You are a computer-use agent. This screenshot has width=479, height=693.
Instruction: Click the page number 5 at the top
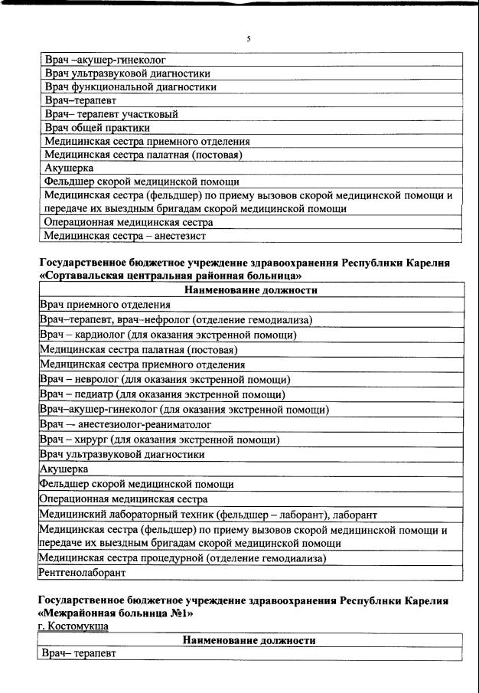point(249,38)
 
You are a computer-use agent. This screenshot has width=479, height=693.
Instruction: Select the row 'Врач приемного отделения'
point(105,304)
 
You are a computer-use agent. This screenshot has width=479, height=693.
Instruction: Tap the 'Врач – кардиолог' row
point(168,335)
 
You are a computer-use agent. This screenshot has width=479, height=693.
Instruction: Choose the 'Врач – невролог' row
point(165,379)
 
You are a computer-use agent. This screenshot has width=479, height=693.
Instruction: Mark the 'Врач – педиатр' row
point(162,394)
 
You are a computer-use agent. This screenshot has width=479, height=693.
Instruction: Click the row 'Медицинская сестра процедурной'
point(183,558)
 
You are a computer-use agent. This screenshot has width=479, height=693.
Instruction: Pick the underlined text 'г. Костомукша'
point(73,626)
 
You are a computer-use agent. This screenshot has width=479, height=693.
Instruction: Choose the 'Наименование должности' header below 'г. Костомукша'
point(249,640)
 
